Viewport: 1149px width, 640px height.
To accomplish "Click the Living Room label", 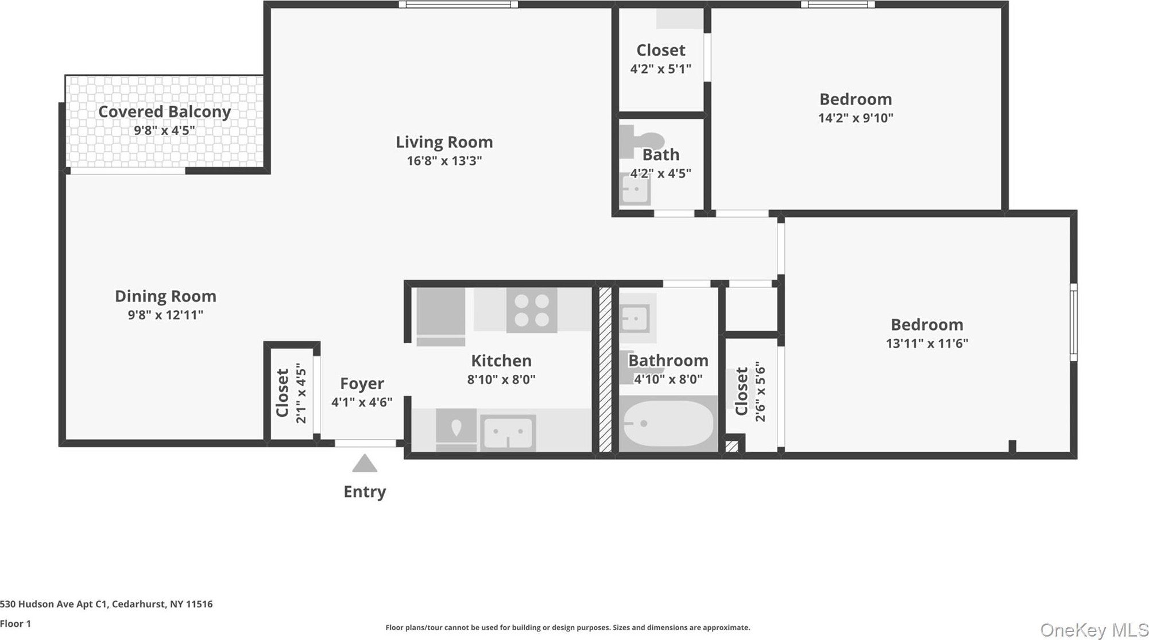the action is pyautogui.click(x=444, y=142).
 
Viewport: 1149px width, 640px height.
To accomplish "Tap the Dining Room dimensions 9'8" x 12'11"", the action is pyautogui.click(x=165, y=315).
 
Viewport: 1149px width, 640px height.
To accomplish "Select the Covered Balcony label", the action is pyautogui.click(x=164, y=111).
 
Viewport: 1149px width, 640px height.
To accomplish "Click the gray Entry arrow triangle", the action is pyautogui.click(x=365, y=463).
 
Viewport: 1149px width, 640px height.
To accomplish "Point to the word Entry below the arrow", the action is pyautogui.click(x=365, y=492).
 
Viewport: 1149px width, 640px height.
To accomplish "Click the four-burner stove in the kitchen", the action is pyautogui.click(x=532, y=311).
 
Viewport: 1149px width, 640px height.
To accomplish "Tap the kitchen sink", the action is pyautogui.click(x=508, y=433).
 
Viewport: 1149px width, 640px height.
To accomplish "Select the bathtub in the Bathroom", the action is pyautogui.click(x=668, y=424).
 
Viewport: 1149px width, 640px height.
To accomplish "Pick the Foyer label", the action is pyautogui.click(x=362, y=383).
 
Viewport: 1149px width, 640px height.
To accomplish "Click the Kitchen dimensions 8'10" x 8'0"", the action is pyautogui.click(x=501, y=379).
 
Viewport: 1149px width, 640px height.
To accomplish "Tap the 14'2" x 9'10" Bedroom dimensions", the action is pyautogui.click(x=856, y=118).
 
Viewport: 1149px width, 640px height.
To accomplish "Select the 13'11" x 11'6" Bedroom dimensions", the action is pyautogui.click(x=927, y=344).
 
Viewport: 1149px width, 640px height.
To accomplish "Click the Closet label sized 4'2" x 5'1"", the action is pyautogui.click(x=661, y=51).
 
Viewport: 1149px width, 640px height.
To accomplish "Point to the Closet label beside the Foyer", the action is pyautogui.click(x=282, y=393).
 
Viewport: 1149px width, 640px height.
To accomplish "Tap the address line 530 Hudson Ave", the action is pyautogui.click(x=106, y=604).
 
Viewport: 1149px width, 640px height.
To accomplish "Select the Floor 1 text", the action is pyautogui.click(x=16, y=623).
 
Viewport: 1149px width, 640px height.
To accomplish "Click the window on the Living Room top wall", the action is pyautogui.click(x=458, y=5).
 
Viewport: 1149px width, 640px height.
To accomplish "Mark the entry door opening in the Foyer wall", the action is pyautogui.click(x=365, y=443).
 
